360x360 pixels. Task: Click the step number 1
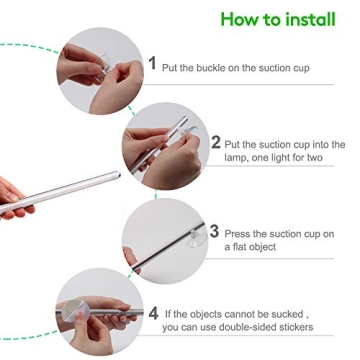click(x=152, y=63)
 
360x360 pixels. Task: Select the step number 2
click(x=216, y=142)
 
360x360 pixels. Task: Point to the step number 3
click(x=215, y=231)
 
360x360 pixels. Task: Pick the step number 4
click(x=153, y=314)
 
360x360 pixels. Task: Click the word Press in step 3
click(x=237, y=234)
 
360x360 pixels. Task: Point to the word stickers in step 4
click(x=296, y=327)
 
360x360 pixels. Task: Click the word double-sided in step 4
click(x=247, y=327)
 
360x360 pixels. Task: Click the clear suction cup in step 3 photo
click(x=197, y=239)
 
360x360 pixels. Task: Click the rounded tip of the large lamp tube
click(x=118, y=174)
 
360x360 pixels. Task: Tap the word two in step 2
click(x=314, y=158)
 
